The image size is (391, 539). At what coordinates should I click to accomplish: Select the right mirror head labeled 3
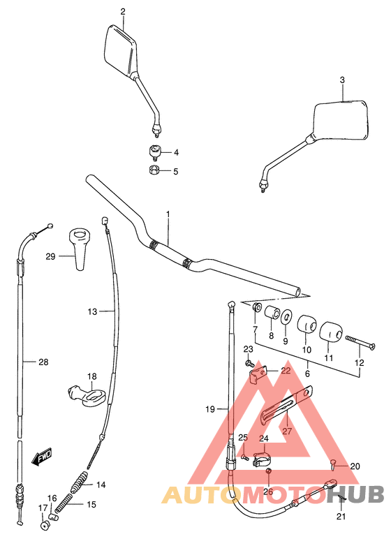tap(343, 121)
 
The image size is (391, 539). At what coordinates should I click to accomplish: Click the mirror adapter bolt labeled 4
tap(155, 152)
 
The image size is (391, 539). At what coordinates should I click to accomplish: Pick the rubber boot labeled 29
tap(79, 246)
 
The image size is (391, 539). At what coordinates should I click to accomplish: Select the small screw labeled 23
tap(249, 363)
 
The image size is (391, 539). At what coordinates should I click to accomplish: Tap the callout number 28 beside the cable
tap(43, 362)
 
